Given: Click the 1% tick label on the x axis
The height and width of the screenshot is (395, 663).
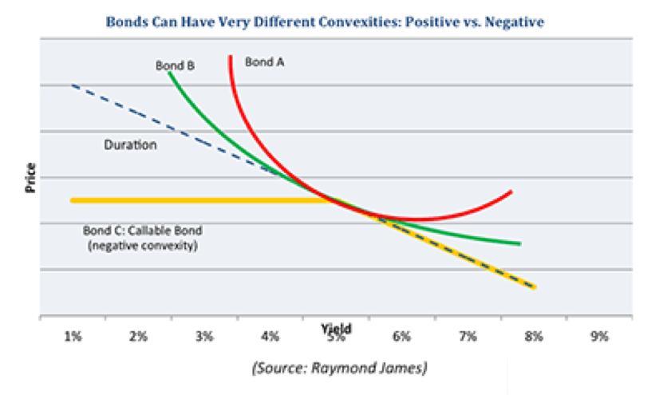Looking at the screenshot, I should point(73,337).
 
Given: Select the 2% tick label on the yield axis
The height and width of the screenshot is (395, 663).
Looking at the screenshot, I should point(139,337).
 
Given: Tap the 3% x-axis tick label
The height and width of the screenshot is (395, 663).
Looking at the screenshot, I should point(204,337).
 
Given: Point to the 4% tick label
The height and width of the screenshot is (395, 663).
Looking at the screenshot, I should point(270,337).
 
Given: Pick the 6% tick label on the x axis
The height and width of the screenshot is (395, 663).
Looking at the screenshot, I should point(402,337).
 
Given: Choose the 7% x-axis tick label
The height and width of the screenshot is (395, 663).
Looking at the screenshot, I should point(468,337).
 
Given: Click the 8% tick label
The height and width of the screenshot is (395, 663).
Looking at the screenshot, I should point(534,337).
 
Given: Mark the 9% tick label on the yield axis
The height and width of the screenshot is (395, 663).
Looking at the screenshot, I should point(599,337).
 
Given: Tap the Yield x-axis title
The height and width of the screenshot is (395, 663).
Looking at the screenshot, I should point(336,328).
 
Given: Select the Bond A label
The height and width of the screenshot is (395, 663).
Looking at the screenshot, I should point(264,61).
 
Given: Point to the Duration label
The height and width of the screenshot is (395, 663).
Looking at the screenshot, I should point(130,146).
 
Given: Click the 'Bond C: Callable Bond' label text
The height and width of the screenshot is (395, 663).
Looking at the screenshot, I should point(143,231).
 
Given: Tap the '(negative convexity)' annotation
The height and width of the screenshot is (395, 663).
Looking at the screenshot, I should point(143,247).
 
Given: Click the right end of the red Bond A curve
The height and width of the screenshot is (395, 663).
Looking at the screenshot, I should point(511,192).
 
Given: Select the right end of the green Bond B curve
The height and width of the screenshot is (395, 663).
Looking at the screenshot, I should point(520,243).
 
